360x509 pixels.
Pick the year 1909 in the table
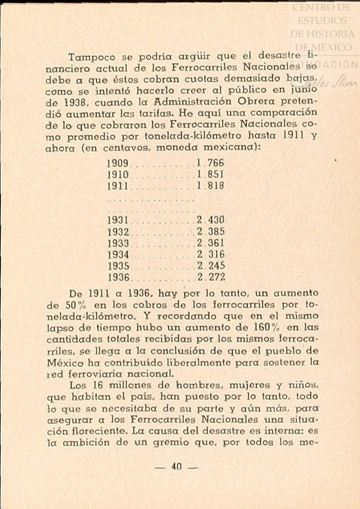tap(119, 164)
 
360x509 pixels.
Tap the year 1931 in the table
tap(119, 219)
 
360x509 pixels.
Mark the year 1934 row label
tap(119, 254)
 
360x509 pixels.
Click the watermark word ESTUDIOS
tap(322, 21)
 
